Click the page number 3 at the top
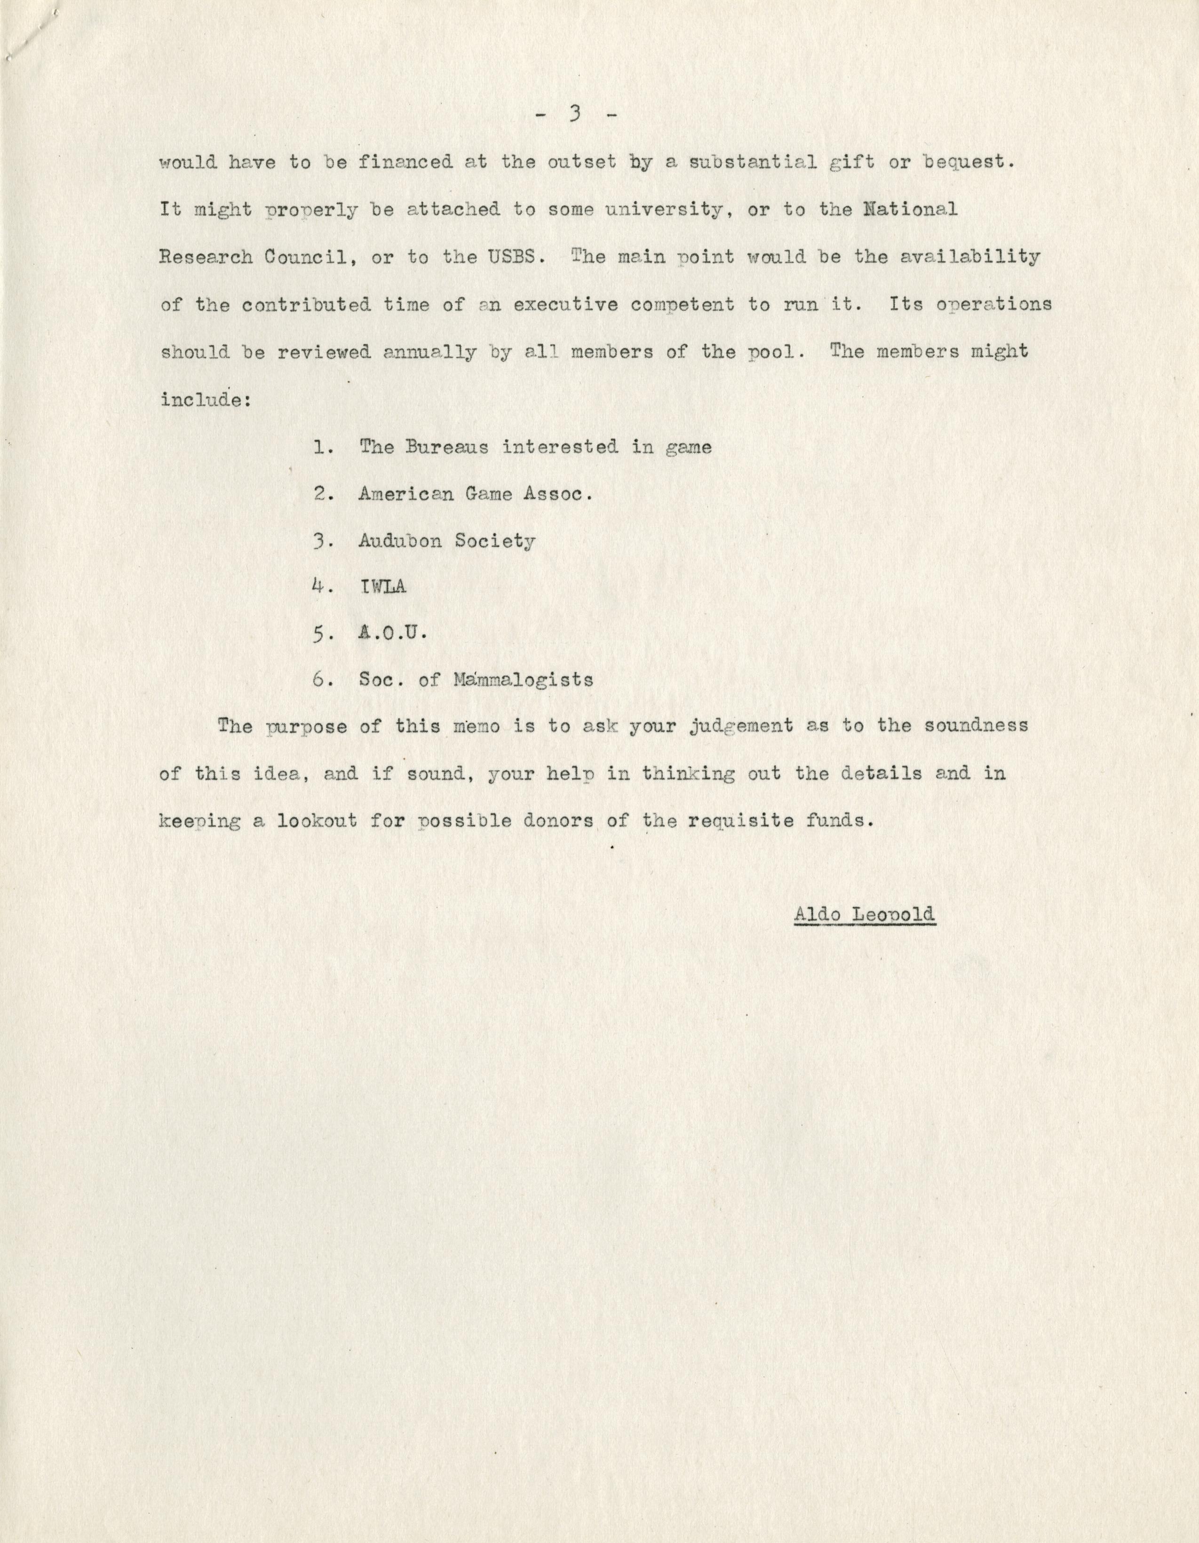(x=574, y=114)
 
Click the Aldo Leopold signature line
(x=864, y=913)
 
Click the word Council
(x=305, y=257)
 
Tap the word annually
(x=429, y=352)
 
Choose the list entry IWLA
(x=382, y=586)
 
